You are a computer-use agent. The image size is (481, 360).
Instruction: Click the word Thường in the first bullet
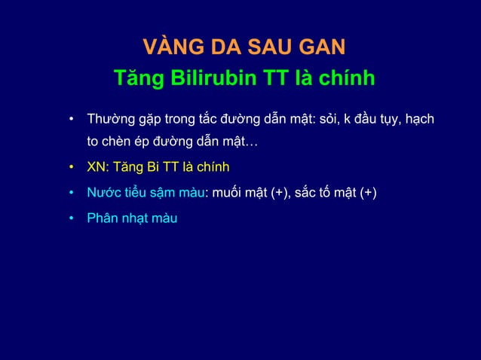point(109,120)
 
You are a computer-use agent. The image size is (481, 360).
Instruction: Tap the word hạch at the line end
point(418,120)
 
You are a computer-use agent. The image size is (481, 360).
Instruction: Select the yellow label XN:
point(98,166)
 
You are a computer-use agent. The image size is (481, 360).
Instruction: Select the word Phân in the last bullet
point(103,219)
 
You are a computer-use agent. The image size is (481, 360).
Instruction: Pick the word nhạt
point(136,219)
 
